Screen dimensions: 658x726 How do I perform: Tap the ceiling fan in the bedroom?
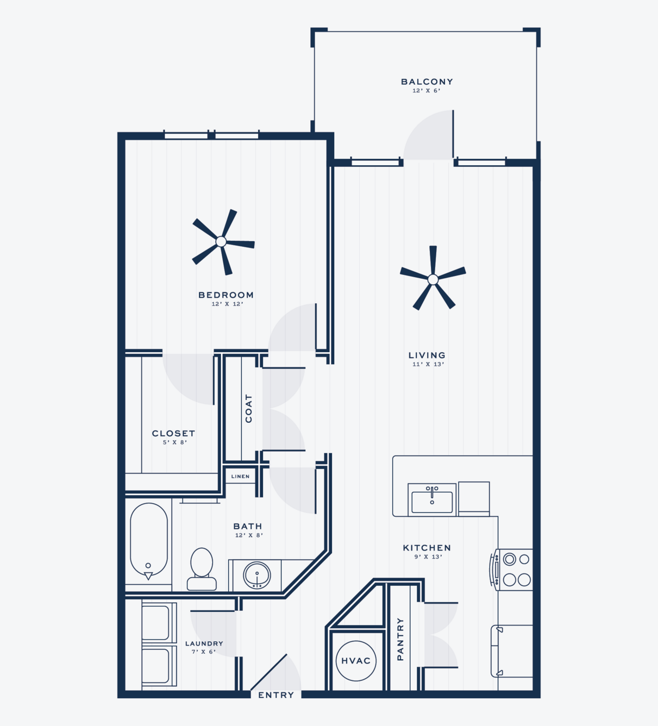pos(221,241)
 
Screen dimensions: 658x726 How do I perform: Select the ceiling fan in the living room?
pos(433,279)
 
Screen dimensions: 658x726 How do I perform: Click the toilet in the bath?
pos(202,569)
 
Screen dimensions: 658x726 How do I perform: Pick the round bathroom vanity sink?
pos(257,575)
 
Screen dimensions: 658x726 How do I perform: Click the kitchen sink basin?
pos(432,502)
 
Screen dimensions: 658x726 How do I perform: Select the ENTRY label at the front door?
pos(276,695)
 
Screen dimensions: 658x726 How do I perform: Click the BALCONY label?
pos(427,82)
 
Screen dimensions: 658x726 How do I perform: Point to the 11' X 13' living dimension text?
pos(428,364)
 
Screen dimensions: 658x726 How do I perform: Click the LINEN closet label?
pos(240,476)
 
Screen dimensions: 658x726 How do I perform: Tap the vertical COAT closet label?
pos(248,409)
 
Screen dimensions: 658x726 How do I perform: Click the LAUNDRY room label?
pos(204,643)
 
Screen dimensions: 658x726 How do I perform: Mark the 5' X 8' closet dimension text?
pos(175,442)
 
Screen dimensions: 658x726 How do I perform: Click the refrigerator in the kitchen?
pos(512,650)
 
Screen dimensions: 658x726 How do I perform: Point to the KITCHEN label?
pos(427,548)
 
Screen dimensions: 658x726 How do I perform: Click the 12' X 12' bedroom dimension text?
pos(227,304)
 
